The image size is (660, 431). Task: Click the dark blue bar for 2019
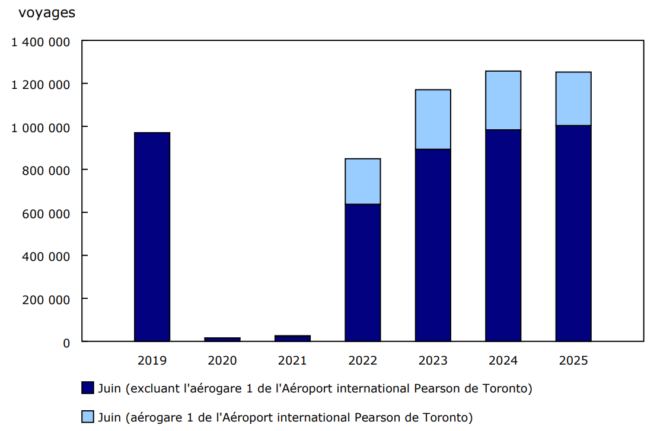[152, 237]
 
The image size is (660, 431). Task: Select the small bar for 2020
[222, 339]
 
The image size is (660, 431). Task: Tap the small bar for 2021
[292, 338]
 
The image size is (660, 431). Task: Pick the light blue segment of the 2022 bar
[362, 181]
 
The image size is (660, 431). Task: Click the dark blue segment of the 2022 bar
[362, 273]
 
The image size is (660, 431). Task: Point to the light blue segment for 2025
[573, 98]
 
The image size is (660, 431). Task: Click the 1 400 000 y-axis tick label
[40, 41]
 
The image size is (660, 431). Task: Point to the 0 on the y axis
[67, 343]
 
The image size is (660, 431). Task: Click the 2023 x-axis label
[433, 360]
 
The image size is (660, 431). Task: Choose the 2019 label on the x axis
[152, 360]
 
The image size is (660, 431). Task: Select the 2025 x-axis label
[573, 360]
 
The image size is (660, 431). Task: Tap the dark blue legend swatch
[87, 388]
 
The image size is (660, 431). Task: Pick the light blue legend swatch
[87, 417]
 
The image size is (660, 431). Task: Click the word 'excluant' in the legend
[154, 389]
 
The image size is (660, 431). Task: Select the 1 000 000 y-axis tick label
[40, 127]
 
